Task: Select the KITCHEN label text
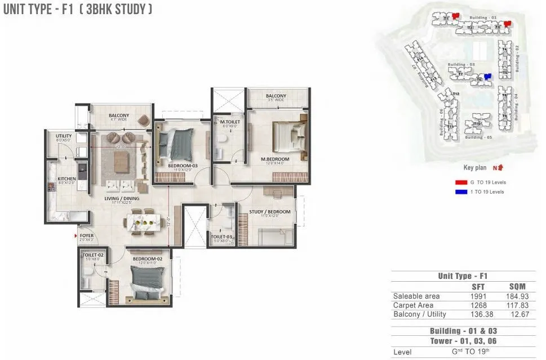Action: [x=66, y=180]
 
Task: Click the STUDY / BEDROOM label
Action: [x=270, y=212]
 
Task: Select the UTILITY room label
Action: [x=63, y=136]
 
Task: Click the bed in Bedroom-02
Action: [x=148, y=282]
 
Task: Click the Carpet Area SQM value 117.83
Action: [x=518, y=305]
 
